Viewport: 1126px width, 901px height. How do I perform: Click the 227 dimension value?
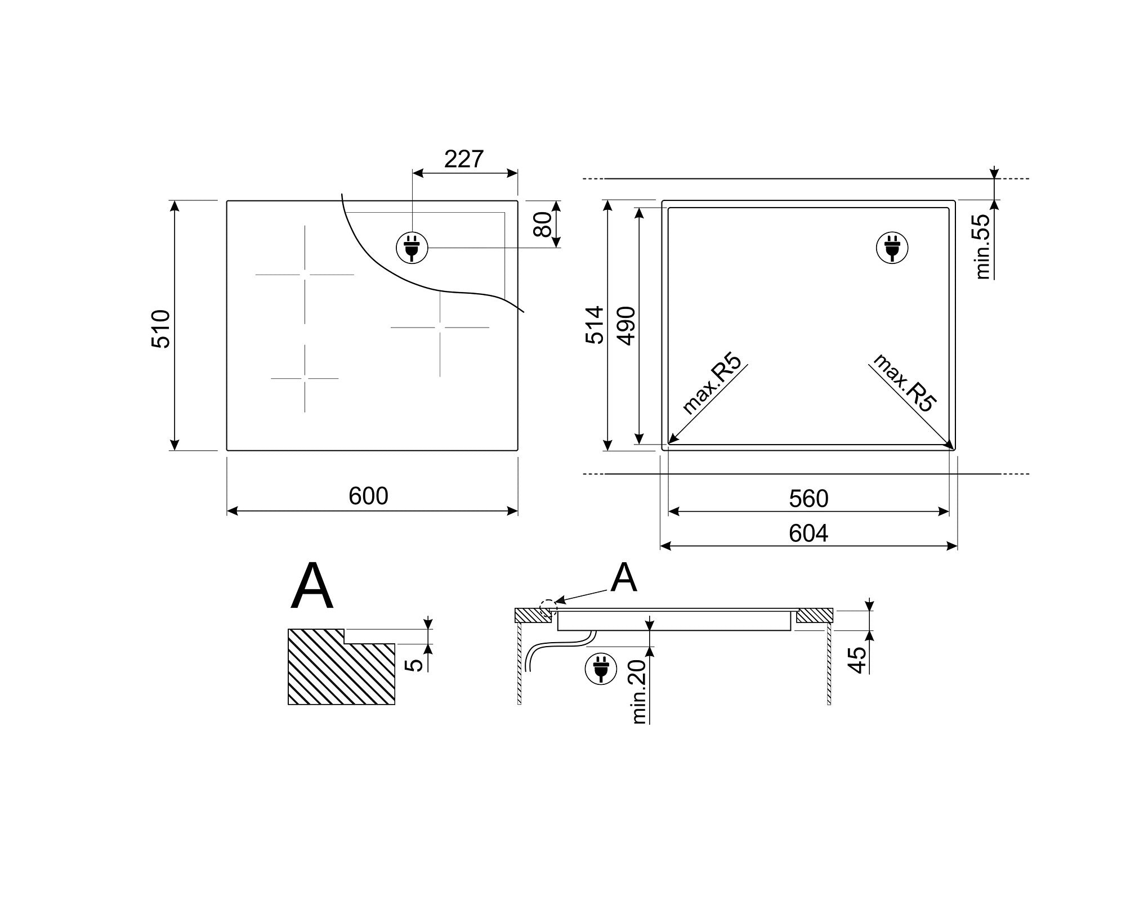[x=464, y=159]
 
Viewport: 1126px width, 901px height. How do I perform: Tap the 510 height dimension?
[x=161, y=329]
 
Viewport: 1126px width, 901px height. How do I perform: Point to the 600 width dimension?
[x=368, y=496]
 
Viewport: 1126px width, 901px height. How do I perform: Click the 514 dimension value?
[x=595, y=325]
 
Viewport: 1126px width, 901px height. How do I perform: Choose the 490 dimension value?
[x=626, y=326]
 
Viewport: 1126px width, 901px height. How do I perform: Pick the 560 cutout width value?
[x=808, y=499]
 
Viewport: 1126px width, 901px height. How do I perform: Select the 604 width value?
[x=808, y=533]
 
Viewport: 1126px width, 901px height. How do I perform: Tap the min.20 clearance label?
[x=639, y=692]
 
